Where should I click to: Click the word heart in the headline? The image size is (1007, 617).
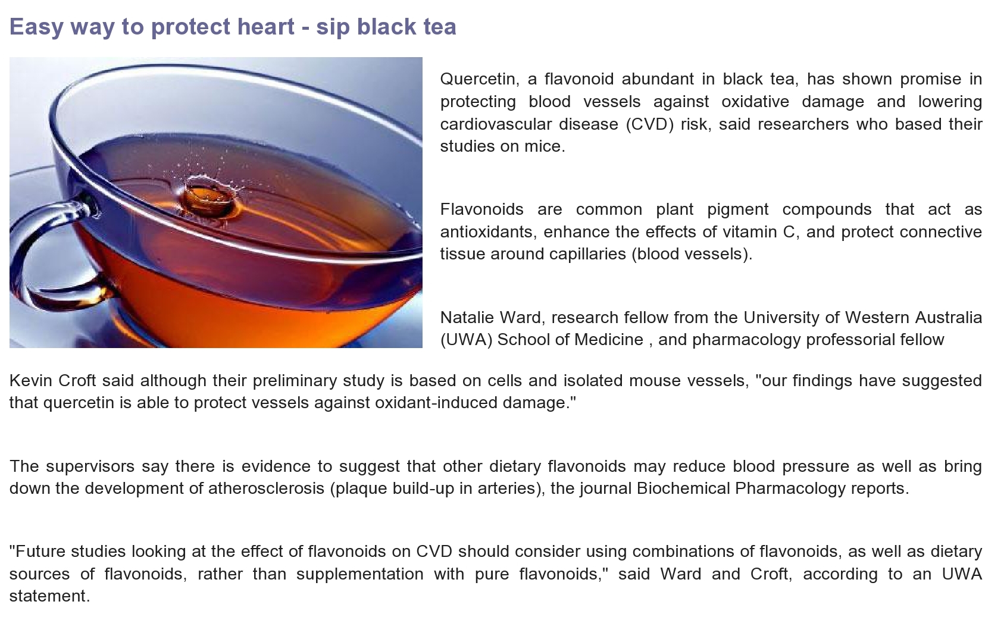click(x=265, y=27)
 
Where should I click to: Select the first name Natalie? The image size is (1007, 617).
click(x=467, y=318)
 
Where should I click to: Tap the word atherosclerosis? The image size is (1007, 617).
click(x=266, y=488)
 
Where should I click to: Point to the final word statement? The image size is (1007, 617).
click(x=49, y=596)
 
